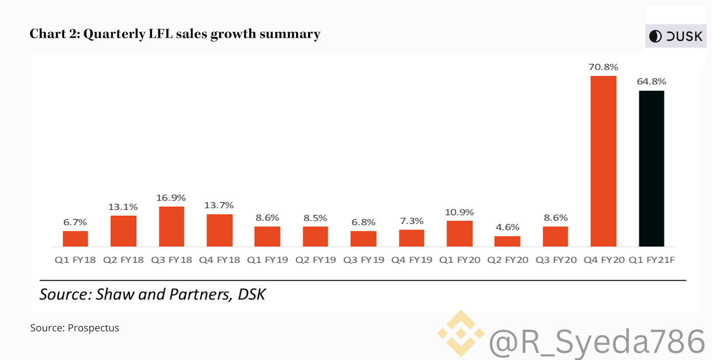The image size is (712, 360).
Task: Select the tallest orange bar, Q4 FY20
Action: [x=603, y=161]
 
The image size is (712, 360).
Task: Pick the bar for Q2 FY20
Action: [x=507, y=241]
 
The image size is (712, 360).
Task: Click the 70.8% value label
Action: [x=603, y=67]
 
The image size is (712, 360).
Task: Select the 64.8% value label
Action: [x=651, y=82]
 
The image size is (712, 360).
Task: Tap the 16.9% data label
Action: [x=171, y=198]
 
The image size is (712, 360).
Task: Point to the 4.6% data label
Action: [x=508, y=227]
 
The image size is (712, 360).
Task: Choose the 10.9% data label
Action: [x=459, y=213]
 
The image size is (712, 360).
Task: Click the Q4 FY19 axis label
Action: [x=411, y=260]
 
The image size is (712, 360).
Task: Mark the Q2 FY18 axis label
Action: [x=123, y=260]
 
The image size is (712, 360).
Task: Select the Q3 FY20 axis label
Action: [x=556, y=260]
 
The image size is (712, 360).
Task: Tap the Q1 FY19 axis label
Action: [x=267, y=260]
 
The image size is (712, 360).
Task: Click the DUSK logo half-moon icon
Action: [x=655, y=36]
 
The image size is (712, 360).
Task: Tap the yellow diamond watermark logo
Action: [x=461, y=333]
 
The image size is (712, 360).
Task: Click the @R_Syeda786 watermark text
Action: [x=597, y=342]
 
